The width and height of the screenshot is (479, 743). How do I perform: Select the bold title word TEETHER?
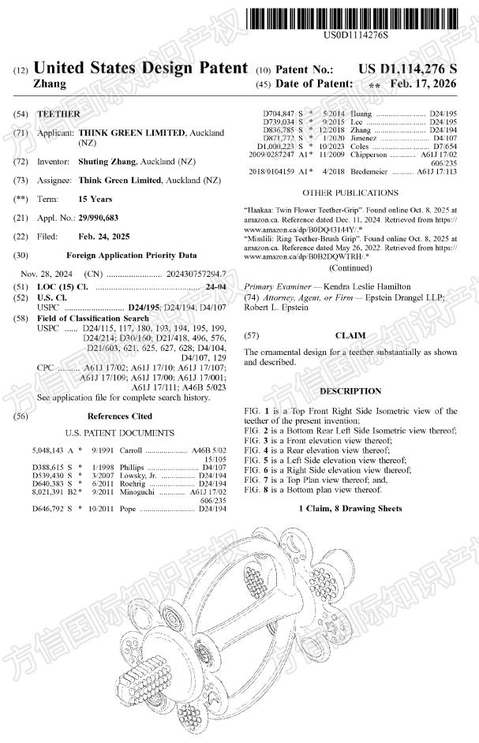(x=59, y=114)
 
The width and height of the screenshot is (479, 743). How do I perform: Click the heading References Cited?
(x=120, y=416)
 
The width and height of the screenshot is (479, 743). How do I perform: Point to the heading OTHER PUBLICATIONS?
(x=350, y=192)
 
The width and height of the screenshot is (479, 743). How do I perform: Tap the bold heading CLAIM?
(x=350, y=335)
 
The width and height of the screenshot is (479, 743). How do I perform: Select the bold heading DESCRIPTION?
(x=350, y=391)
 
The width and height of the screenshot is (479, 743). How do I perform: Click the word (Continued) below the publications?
(x=350, y=267)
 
